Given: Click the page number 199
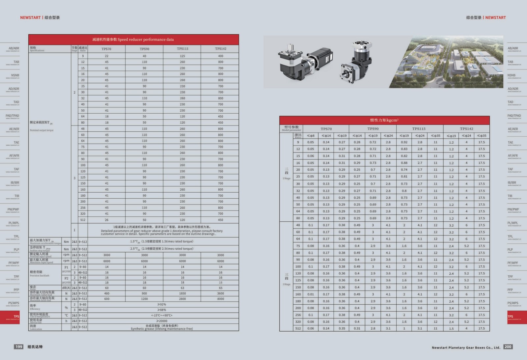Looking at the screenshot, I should click(19, 346).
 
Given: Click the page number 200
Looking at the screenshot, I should click(508, 346).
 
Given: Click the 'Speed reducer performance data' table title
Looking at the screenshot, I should click(133, 40).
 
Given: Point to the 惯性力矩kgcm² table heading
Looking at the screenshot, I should click(384, 120).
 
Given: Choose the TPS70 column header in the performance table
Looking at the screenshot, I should click(106, 49).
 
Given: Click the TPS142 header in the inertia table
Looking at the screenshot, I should click(466, 129).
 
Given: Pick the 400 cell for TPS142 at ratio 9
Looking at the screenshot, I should click(220, 56).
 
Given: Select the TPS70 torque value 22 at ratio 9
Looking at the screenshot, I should click(106, 56).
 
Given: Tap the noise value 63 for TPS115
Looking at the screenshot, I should click(182, 288).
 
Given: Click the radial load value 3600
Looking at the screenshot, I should click(220, 293).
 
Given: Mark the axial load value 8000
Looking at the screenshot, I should click(220, 299).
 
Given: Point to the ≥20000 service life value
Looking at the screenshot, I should click(161, 321).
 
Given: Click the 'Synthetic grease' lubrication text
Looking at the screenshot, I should click(161, 329).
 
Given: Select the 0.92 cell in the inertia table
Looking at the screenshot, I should click(404, 142).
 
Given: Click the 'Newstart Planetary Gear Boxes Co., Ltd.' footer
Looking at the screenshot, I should click(466, 347).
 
